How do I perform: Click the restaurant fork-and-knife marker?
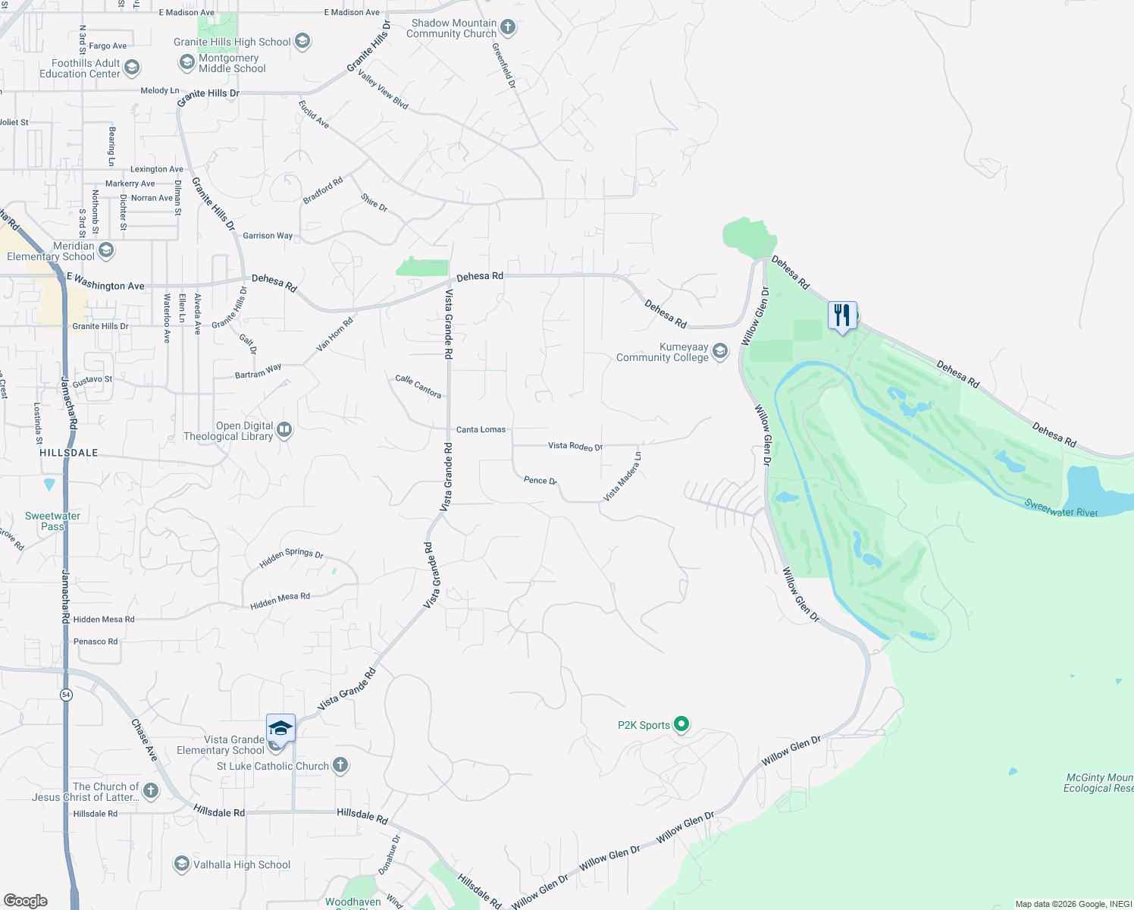tap(842, 315)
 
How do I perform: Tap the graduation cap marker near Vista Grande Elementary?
tap(280, 728)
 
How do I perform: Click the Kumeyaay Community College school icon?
tap(720, 351)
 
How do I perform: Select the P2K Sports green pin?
tap(681, 724)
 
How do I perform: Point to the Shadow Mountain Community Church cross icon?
tap(508, 28)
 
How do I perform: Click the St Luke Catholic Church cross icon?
tap(340, 765)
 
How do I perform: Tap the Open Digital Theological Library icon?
tap(284, 430)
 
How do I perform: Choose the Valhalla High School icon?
tap(181, 864)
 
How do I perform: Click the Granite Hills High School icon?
tap(302, 41)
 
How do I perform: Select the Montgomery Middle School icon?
tap(186, 62)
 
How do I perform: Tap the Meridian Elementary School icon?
tap(106, 250)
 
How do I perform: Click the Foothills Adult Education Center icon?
tap(131, 68)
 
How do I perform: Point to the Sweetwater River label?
tap(1060, 508)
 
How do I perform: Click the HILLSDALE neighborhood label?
tap(69, 453)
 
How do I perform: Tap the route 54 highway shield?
tap(67, 695)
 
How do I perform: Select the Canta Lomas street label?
tap(481, 429)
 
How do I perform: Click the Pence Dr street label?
tap(540, 480)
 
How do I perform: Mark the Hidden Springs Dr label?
tap(291, 557)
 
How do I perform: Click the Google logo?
tap(26, 900)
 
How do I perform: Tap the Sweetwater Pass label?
tap(52, 521)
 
